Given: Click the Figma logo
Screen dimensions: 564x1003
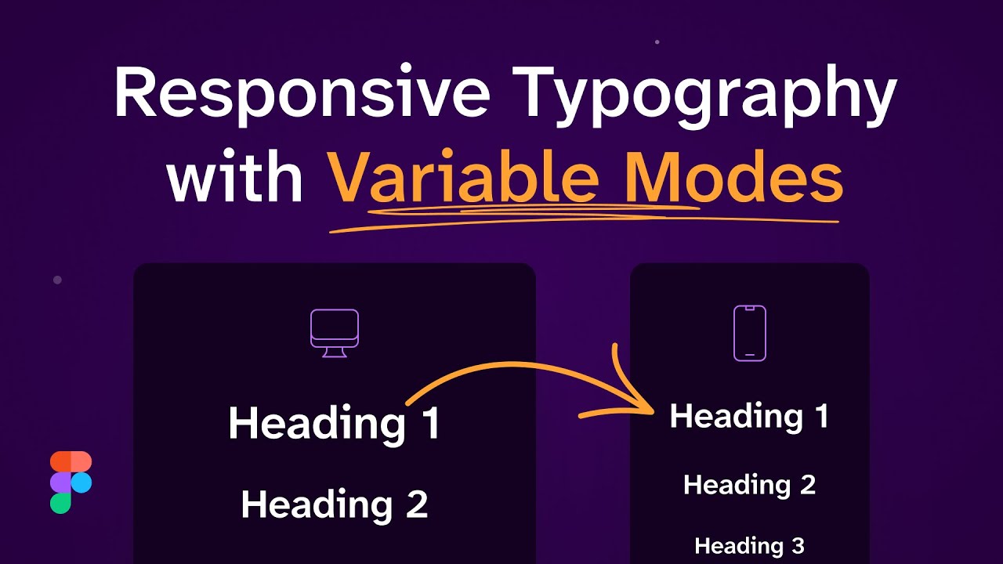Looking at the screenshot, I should [x=71, y=483].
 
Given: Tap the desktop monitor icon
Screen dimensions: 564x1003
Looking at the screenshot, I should [x=335, y=333].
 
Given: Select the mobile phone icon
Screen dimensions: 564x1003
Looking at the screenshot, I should [x=749, y=333].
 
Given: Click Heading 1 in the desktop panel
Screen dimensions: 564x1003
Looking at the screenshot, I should [x=334, y=423].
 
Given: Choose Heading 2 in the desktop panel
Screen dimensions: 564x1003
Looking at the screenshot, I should [x=334, y=504].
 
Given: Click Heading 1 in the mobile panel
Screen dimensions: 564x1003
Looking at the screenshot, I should [x=749, y=416].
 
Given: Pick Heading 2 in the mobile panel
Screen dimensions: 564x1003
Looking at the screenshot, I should [x=749, y=485].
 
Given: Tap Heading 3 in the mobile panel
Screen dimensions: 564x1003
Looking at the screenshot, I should [x=749, y=545].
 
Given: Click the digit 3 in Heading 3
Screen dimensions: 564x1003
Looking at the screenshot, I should [x=796, y=545].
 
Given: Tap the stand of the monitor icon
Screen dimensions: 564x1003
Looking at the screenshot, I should [x=335, y=352].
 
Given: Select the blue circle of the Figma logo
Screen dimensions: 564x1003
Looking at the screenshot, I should [x=81, y=483].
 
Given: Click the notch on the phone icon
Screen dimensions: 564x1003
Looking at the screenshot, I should [x=749, y=309].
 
